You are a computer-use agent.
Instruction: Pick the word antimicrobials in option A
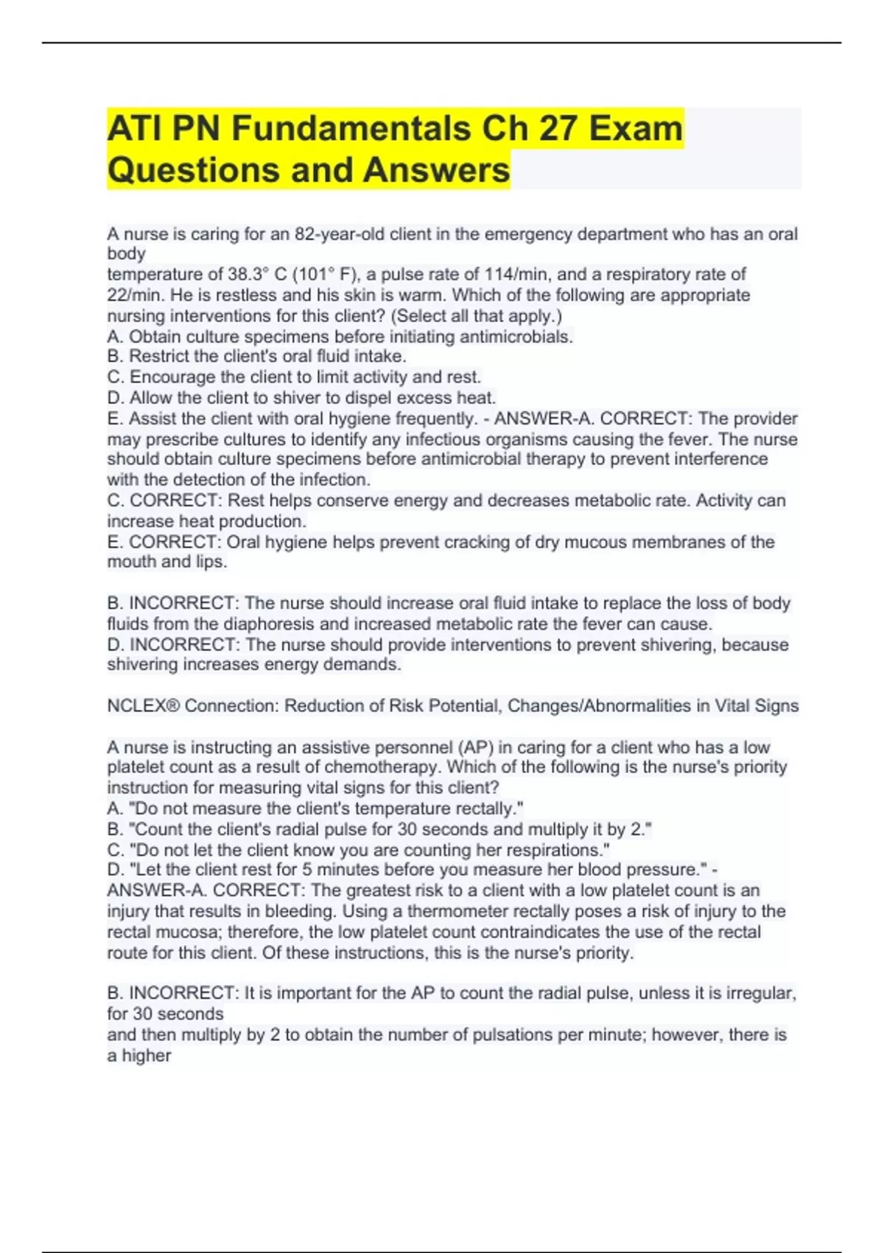516,337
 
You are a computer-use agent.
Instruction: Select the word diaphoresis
270,624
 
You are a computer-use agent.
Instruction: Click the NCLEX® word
143,706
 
